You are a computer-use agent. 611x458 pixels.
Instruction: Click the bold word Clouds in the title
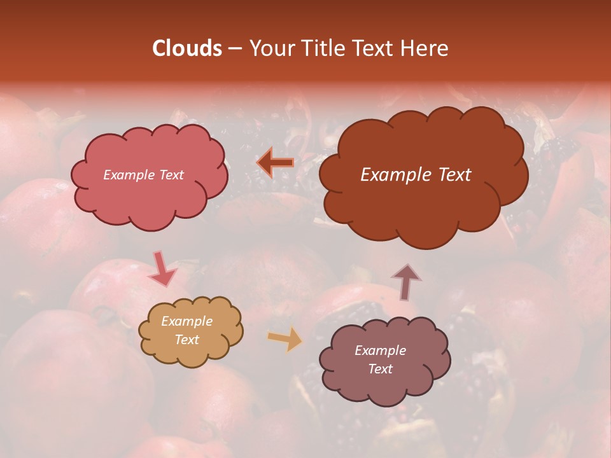tap(186, 48)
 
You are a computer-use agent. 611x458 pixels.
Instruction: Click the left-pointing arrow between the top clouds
tap(275, 163)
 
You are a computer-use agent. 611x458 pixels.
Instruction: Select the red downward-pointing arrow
tap(162, 268)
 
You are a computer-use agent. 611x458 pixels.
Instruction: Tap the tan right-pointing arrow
tap(285, 338)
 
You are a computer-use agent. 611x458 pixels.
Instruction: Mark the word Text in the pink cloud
tap(171, 175)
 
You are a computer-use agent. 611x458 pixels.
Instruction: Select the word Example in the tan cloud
tap(186, 321)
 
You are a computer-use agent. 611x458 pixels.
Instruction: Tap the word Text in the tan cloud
tap(186, 340)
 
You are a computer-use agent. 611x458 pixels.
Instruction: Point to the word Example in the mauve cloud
tap(380, 350)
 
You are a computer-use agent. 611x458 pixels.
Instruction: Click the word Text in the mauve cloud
tap(380, 369)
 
